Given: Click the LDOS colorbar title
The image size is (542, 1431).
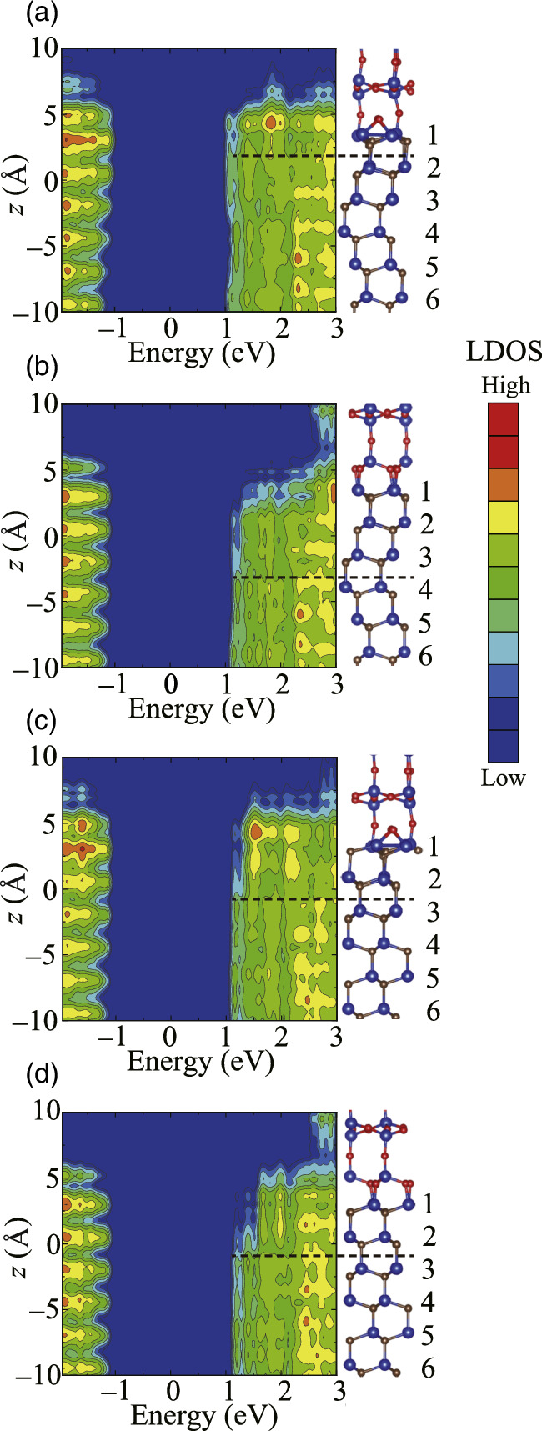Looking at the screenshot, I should pyautogui.click(x=504, y=353).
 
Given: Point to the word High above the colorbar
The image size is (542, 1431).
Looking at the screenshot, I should pyautogui.click(x=504, y=386).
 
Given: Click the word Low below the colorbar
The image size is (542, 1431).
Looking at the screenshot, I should pyautogui.click(x=504, y=778).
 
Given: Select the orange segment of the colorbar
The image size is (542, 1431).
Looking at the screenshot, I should pyautogui.click(x=504, y=485).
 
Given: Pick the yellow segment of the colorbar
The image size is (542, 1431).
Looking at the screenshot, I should pyautogui.click(x=504, y=518).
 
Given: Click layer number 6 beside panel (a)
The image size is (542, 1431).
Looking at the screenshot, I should pyautogui.click(x=431, y=301).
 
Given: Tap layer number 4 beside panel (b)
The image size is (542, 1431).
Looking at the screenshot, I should pyautogui.click(x=425, y=591).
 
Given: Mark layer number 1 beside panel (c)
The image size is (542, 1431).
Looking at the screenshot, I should pyautogui.click(x=431, y=848).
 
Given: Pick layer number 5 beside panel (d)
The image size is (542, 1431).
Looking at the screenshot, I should pyautogui.click(x=427, y=1335).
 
